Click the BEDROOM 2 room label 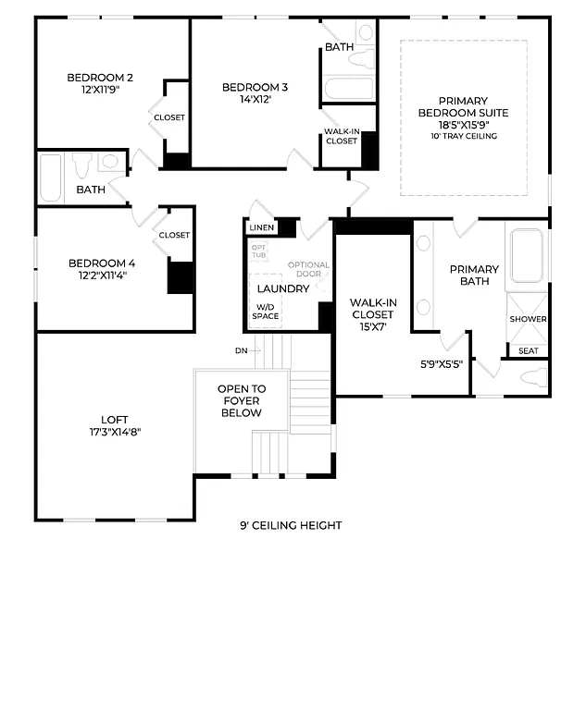(x=100, y=78)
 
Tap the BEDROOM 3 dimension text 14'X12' (x=255, y=100)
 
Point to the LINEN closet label (x=261, y=227)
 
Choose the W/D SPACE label (x=265, y=312)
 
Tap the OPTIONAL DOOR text (x=308, y=270)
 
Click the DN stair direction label (x=242, y=350)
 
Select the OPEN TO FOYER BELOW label (x=242, y=401)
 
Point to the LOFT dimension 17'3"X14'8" (x=116, y=432)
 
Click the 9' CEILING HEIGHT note (x=291, y=525)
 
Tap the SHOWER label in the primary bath (x=528, y=319)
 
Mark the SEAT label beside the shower (x=529, y=350)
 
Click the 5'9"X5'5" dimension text (x=442, y=363)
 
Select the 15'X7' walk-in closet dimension (x=372, y=327)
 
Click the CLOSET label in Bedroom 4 (x=174, y=235)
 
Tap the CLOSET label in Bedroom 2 (x=169, y=117)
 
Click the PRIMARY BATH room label (x=474, y=275)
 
